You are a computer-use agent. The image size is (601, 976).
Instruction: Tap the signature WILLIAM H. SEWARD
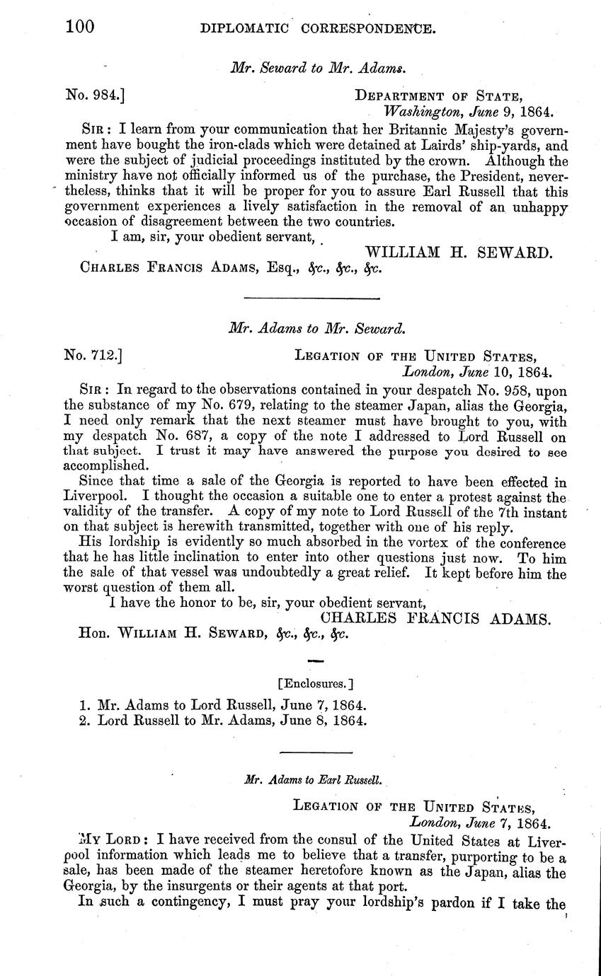pyautogui.click(x=458, y=253)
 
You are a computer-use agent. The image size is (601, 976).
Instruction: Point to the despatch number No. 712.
pyautogui.click(x=96, y=356)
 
